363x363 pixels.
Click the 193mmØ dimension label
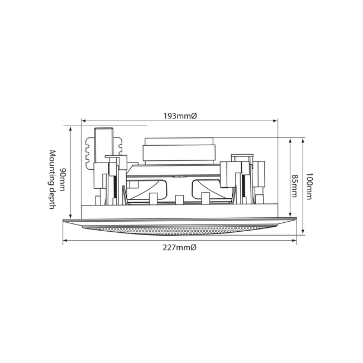pos(180,116)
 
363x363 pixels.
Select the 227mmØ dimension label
pos(179,247)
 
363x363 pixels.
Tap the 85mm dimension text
pos(294,186)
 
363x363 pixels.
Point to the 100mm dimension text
pos(309,186)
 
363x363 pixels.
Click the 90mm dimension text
pos(62,179)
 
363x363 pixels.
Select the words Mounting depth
pos(52,180)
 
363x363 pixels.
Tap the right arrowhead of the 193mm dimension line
pos(275,121)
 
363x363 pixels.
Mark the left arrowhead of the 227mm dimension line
pos(65,241)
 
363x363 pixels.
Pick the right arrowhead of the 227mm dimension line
pos(294,241)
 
